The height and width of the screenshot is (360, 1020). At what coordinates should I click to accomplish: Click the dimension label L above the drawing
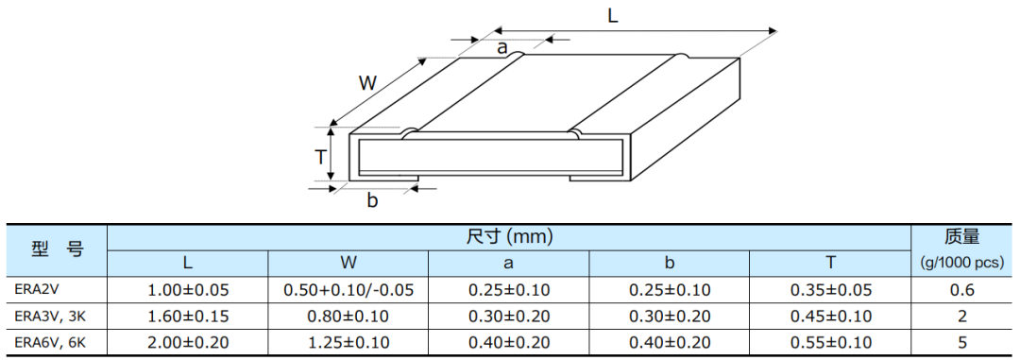pyautogui.click(x=612, y=16)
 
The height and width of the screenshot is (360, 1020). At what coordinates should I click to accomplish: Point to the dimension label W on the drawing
pyautogui.click(x=368, y=83)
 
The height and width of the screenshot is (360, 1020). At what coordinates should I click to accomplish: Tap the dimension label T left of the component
pyautogui.click(x=320, y=157)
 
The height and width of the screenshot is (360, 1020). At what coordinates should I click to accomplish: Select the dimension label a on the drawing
pyautogui.click(x=501, y=47)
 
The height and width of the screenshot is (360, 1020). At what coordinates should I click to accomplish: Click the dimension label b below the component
pyautogui.click(x=372, y=200)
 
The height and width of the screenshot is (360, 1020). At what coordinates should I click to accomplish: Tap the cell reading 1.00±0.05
pyautogui.click(x=187, y=290)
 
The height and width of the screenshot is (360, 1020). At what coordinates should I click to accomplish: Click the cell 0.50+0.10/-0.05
pyautogui.click(x=348, y=290)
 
